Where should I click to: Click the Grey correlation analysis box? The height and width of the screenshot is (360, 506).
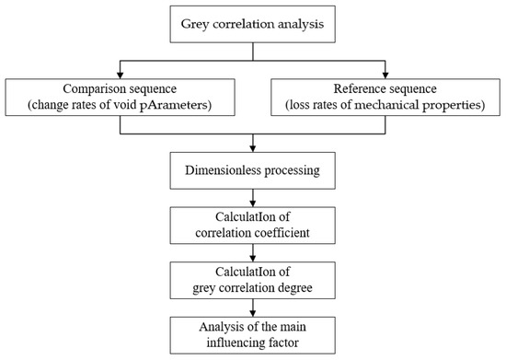(253, 23)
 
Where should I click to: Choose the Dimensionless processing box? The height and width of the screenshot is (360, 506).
(253, 170)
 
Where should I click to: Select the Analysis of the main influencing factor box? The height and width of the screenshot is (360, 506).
(253, 332)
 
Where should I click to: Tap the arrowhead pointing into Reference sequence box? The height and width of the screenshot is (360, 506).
(386, 73)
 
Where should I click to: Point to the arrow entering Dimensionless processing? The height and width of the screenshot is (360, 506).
(253, 145)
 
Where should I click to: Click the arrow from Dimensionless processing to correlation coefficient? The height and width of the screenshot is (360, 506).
(253, 200)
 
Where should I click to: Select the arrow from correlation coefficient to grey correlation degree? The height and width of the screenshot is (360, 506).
(253, 253)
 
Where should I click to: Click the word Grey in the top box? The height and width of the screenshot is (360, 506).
(197, 23)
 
